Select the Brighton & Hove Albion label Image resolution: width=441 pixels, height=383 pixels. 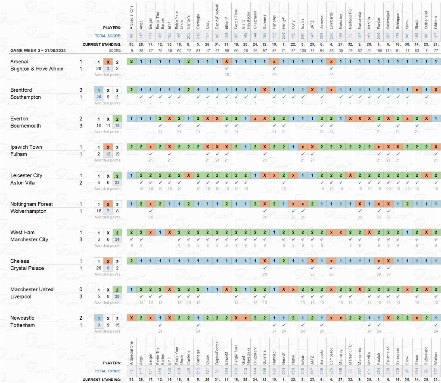37,69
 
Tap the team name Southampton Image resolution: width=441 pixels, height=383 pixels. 25,97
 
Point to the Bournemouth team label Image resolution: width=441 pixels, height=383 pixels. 26,126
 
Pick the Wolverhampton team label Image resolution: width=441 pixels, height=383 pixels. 28,211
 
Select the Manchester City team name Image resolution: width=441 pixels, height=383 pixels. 29,240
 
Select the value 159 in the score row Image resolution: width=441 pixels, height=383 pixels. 379,50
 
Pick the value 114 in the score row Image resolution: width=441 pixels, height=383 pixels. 388,50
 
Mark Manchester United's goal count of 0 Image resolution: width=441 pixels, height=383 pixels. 81,290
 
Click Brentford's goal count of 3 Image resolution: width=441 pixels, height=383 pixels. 81,90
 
